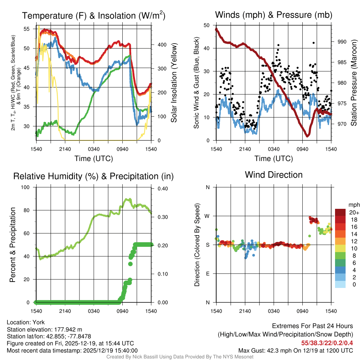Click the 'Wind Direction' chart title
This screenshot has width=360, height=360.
pos(274,175)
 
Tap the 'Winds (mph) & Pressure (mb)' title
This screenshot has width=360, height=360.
pos(274,15)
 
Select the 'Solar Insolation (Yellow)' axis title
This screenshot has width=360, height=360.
pos(174,83)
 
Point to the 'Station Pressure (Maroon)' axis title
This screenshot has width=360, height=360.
pos(354,83)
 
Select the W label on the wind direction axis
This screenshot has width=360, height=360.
pos(207,216)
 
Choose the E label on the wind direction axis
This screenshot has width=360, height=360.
pos(207,274)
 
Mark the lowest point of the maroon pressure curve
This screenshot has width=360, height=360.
pos(307,136)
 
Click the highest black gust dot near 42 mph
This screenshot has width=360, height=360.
pos(314,43)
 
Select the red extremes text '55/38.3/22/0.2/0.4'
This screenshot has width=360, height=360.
pos(327,343)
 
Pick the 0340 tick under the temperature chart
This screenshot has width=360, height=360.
pos(94,149)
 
